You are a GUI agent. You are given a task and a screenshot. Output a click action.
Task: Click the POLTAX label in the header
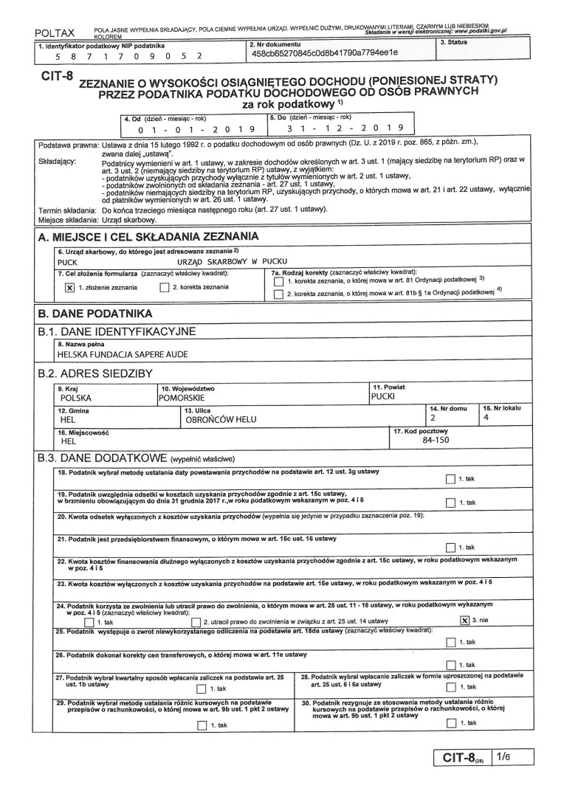(x=55, y=35)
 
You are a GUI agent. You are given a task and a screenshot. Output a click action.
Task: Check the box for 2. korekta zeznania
(x=165, y=288)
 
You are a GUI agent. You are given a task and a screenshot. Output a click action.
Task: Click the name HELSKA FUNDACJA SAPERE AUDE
(x=118, y=353)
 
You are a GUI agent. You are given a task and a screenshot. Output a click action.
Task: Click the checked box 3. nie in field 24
(x=464, y=621)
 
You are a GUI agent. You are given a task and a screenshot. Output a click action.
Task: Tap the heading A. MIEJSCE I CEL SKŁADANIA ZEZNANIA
(x=148, y=237)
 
